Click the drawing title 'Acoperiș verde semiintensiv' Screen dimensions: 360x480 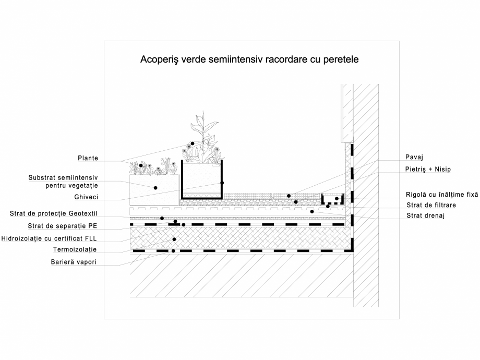click(249, 59)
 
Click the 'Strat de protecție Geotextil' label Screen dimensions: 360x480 click(54, 213)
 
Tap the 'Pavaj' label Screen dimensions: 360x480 click(414, 157)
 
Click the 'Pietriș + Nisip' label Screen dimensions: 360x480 click(428, 170)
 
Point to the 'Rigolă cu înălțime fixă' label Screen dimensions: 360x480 click(441, 194)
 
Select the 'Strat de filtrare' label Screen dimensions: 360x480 click(430, 205)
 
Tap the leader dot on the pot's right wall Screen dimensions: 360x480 click(222, 183)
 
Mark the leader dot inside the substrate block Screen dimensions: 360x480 click(155, 187)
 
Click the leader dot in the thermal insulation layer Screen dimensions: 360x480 click(174, 239)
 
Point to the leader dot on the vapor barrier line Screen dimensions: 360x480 click(173, 251)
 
